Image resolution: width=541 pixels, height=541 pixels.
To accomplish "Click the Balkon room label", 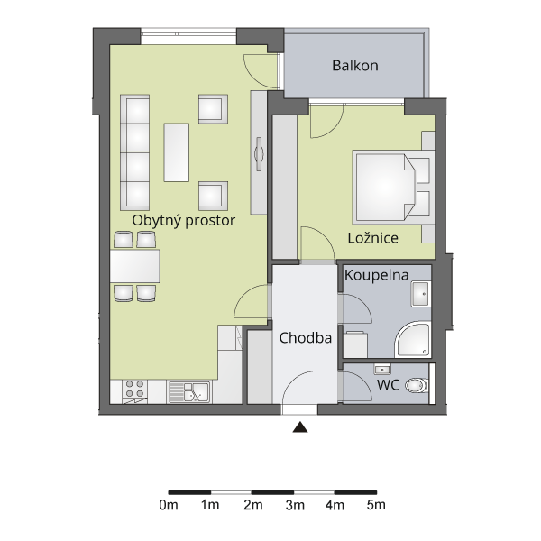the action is click(355, 66).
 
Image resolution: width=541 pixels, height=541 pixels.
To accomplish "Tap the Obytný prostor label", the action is click(184, 221).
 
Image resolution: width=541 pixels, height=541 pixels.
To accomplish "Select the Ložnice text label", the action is click(373, 238).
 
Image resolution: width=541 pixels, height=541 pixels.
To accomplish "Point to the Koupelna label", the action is click(376, 276).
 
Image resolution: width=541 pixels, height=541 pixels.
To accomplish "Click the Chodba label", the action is click(306, 338).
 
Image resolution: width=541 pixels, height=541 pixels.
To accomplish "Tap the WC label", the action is click(388, 385).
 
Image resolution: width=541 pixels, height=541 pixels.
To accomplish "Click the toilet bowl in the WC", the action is click(417, 385).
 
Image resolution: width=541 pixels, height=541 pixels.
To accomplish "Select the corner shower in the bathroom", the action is click(413, 339).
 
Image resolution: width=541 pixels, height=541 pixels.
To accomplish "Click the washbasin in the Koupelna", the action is click(420, 294).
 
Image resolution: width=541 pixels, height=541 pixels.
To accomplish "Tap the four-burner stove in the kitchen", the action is click(134, 391).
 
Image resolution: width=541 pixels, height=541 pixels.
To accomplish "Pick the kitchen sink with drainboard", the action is click(189, 392).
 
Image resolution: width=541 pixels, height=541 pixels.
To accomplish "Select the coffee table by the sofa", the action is click(177, 152).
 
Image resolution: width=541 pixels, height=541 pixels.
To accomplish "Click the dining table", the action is click(135, 266).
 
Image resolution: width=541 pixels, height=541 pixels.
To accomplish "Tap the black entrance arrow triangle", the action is click(300, 427).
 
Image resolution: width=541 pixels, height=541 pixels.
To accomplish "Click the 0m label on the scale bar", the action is click(169, 505).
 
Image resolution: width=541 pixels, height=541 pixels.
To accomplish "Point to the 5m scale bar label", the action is click(376, 505).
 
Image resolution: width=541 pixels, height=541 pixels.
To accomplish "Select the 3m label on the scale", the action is click(295, 505).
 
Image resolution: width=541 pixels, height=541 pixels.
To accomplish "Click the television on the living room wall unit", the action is click(259, 154).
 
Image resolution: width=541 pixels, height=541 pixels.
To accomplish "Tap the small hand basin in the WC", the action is click(382, 370).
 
